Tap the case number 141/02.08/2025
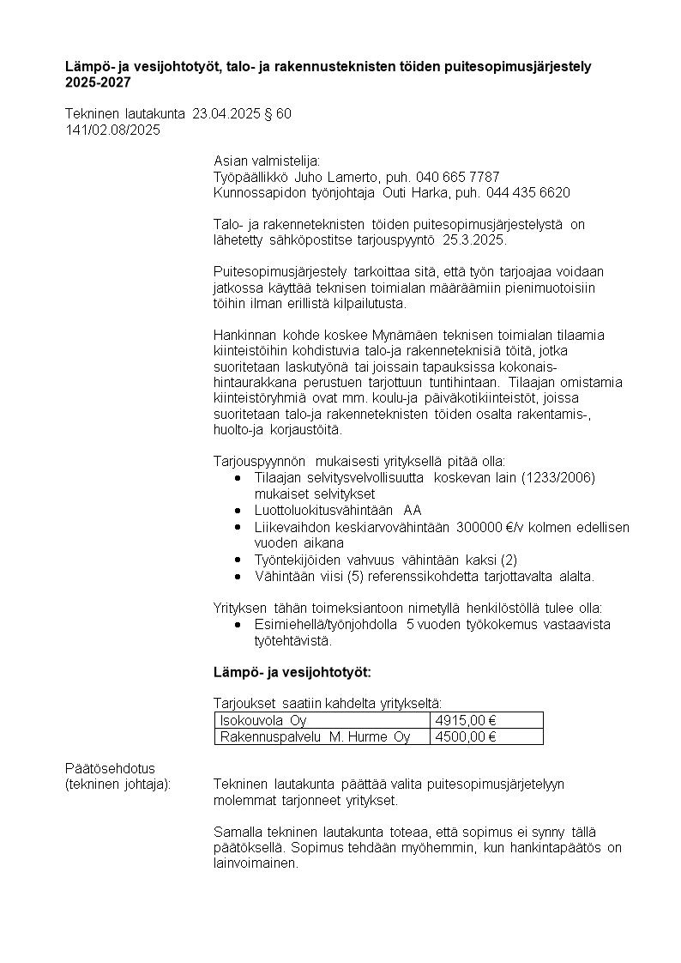[x=112, y=130]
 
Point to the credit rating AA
[x=413, y=511]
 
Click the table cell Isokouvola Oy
[x=263, y=721]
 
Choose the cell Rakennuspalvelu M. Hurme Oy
[x=315, y=736]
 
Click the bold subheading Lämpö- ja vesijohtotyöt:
[x=292, y=671]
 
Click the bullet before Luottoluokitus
[x=238, y=511]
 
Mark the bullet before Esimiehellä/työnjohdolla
[x=238, y=625]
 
